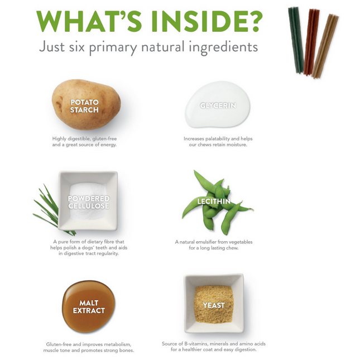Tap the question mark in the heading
254,21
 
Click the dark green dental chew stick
296,40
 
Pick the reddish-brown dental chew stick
311,42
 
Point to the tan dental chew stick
325,46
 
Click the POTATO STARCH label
84,106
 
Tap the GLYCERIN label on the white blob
218,105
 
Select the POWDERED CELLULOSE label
89,202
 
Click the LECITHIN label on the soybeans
214,201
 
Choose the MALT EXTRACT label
89,306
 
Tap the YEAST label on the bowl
214,305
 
